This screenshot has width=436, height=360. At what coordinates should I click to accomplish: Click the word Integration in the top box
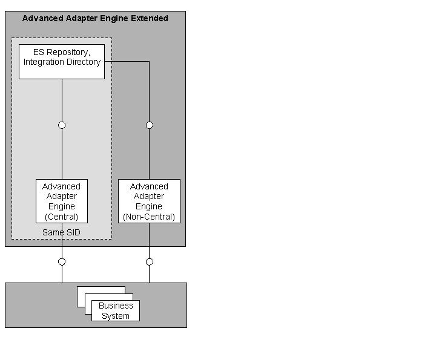[44, 62]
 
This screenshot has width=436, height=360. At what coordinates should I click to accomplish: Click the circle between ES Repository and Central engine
[62, 125]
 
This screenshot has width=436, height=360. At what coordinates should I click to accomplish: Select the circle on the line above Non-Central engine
[150, 125]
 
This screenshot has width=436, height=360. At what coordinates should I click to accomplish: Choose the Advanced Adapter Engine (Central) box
[62, 201]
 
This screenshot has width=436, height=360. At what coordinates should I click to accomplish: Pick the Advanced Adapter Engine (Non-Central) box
[149, 201]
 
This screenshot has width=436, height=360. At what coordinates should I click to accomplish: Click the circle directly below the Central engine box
[62, 262]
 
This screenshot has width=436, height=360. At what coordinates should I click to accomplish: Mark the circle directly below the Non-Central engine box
[150, 262]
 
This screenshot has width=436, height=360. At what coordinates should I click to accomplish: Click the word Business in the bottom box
[116, 306]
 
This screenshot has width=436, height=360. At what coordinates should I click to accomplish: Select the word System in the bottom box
[116, 316]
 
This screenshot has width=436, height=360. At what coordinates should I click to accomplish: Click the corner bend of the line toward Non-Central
[150, 61]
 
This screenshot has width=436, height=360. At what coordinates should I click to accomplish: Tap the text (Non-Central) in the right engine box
[149, 217]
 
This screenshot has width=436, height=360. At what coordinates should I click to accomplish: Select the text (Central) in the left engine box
[62, 217]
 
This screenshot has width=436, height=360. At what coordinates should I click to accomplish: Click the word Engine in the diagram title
[116, 18]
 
